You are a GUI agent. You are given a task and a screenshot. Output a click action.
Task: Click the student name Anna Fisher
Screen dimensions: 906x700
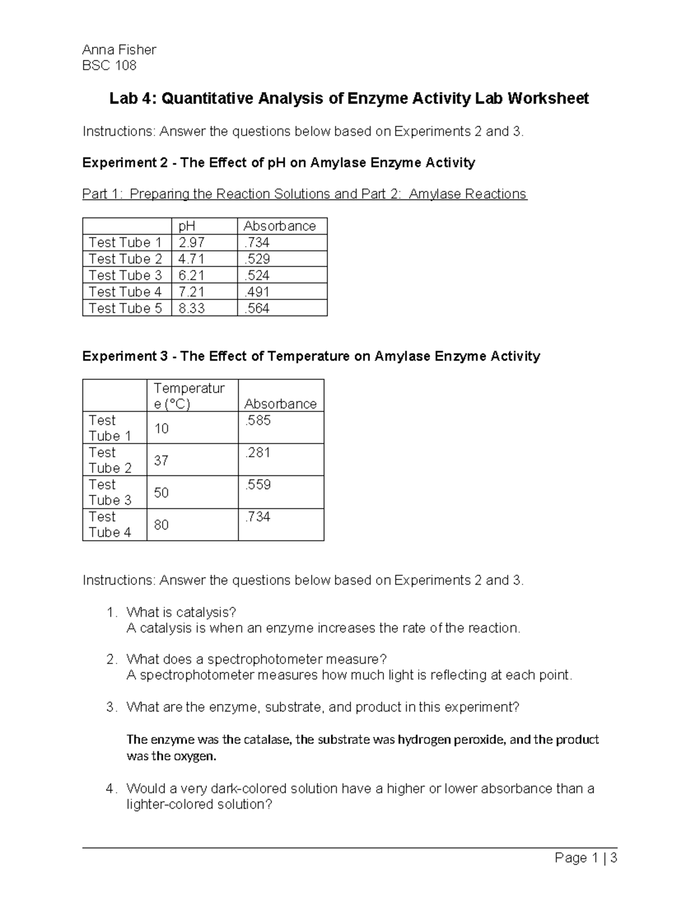tap(119, 50)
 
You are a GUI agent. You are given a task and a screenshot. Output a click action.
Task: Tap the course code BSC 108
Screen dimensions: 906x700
tap(109, 65)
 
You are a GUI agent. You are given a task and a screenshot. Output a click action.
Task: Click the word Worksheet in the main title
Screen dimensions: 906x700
tap(548, 99)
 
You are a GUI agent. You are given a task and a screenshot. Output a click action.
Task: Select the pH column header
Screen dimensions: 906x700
tap(187, 226)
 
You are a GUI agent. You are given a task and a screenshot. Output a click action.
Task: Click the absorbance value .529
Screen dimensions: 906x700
tap(257, 259)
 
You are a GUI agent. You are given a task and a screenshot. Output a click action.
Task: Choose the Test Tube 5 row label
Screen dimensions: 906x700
tap(125, 308)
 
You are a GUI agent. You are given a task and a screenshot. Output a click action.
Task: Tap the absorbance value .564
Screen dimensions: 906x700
tap(257, 308)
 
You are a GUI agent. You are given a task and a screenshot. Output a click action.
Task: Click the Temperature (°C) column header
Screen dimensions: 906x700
tap(189, 396)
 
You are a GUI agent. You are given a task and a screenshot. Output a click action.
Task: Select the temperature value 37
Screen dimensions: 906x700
tap(161, 460)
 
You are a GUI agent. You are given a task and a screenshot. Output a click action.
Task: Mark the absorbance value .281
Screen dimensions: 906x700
tap(257, 453)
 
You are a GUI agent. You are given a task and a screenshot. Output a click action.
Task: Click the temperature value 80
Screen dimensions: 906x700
tap(161, 525)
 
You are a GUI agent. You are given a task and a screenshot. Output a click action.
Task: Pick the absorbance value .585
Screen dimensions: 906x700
tap(257, 421)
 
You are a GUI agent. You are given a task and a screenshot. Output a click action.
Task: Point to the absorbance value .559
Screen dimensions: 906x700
tap(257, 485)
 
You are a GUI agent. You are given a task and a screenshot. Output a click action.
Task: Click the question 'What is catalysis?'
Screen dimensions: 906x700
tap(181, 612)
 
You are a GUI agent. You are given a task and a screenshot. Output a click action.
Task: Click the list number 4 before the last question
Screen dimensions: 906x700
tap(110, 789)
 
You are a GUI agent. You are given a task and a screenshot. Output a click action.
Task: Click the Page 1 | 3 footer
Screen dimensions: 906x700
tap(586, 858)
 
